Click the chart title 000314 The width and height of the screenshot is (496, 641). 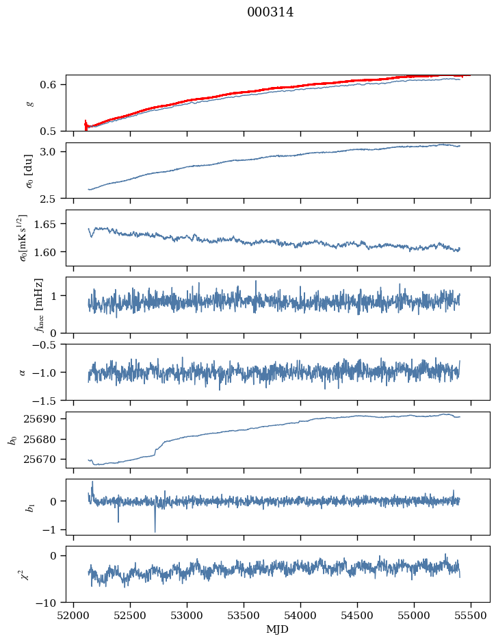coord(270,12)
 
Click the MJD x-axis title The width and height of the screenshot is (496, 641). coord(278,629)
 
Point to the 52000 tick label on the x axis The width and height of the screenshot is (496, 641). coord(75,615)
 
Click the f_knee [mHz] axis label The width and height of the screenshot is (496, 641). coord(38,305)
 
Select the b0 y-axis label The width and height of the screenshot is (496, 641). coord(12,440)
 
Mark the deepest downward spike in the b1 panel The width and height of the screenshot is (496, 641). coord(155,531)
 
